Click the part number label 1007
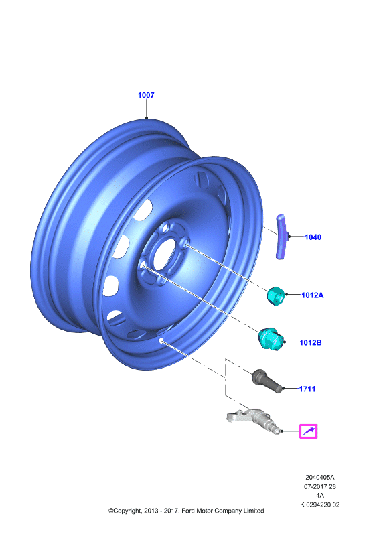pyautogui.click(x=146, y=95)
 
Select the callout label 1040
pyautogui.click(x=313, y=237)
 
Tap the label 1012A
pyautogui.click(x=312, y=295)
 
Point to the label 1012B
pyautogui.click(x=311, y=342)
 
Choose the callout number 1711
pyautogui.click(x=307, y=389)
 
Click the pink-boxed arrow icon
pyautogui.click(x=308, y=431)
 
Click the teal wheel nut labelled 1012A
pyautogui.click(x=275, y=296)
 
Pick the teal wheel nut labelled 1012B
pyautogui.click(x=270, y=339)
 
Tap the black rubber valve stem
pyautogui.click(x=267, y=381)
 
